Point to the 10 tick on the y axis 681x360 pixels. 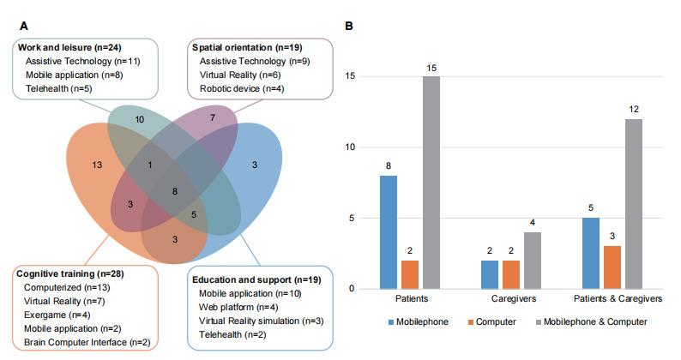[x=349, y=147]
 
